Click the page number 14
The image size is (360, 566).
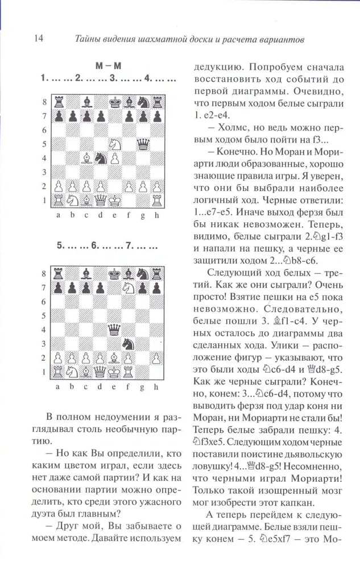(23, 39)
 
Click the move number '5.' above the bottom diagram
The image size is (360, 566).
(61, 247)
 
